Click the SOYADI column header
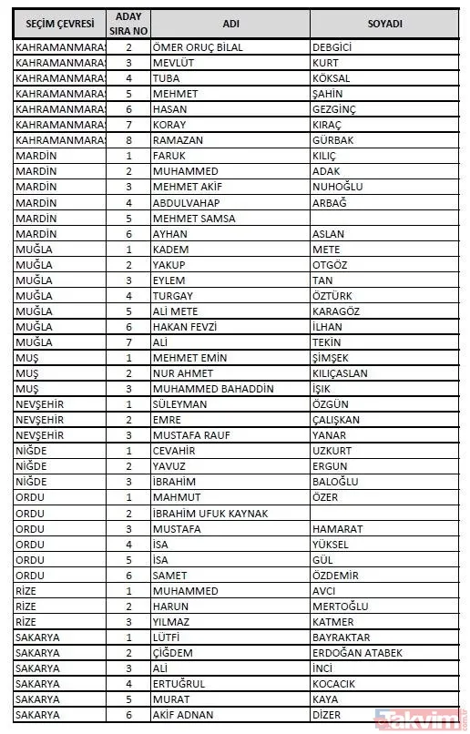coord(385,23)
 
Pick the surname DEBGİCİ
coord(332,46)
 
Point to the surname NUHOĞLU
coord(337,187)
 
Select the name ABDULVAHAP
coord(186,202)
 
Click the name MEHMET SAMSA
coord(193,219)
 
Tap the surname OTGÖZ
coord(331,265)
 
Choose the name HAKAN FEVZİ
coord(185,327)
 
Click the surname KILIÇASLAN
coord(342,373)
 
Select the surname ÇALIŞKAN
coord(336,420)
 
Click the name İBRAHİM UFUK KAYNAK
coord(209,513)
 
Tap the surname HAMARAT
coord(337,529)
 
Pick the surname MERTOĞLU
coord(340,607)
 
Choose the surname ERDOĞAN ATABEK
coord(355,653)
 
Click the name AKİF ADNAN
coord(189,715)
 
